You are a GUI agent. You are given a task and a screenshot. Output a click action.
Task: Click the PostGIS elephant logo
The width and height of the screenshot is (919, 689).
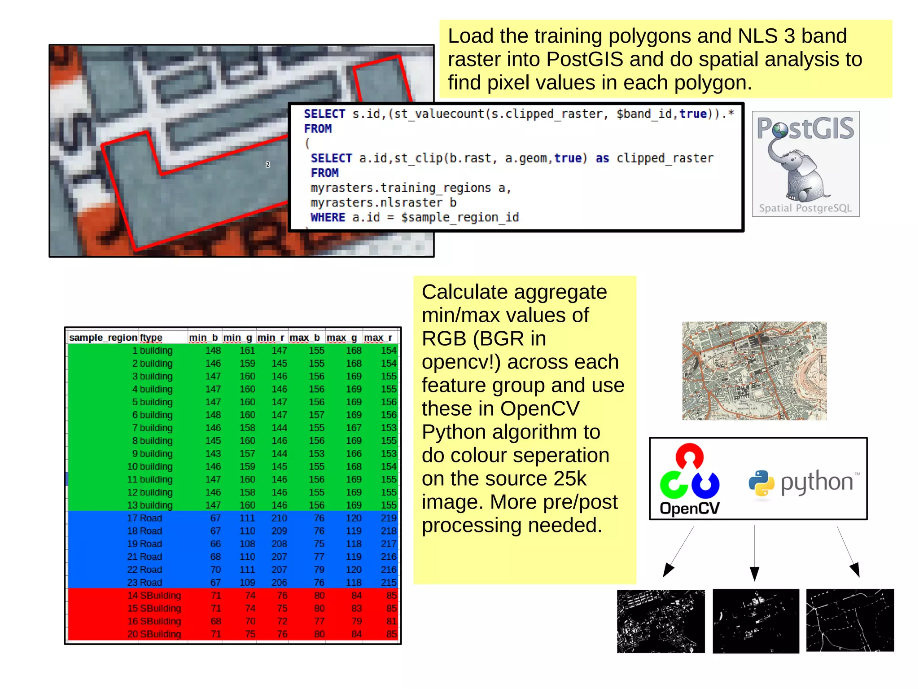805,164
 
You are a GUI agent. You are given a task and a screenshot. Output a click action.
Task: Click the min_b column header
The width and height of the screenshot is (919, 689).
203,338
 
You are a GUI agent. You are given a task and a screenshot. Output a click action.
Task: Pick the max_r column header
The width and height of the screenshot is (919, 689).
378,338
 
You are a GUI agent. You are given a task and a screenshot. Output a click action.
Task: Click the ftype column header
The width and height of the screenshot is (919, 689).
151,338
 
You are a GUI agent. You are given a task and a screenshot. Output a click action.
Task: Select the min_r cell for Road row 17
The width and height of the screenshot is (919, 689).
279,518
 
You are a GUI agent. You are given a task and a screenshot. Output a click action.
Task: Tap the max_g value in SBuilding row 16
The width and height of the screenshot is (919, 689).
356,621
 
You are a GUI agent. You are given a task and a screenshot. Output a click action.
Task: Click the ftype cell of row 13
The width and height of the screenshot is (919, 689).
156,505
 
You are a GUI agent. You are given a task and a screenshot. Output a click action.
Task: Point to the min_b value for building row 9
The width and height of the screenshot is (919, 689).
213,454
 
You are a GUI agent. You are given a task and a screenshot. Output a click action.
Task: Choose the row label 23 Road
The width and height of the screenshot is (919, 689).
144,583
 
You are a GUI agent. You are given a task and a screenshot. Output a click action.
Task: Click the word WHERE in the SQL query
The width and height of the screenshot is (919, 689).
328,218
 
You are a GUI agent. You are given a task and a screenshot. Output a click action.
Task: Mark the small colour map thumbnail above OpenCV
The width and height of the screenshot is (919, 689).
754,371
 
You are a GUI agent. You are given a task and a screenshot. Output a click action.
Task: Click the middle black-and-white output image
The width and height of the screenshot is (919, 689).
756,621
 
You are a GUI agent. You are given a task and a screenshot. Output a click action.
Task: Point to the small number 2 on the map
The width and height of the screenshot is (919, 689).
268,165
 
